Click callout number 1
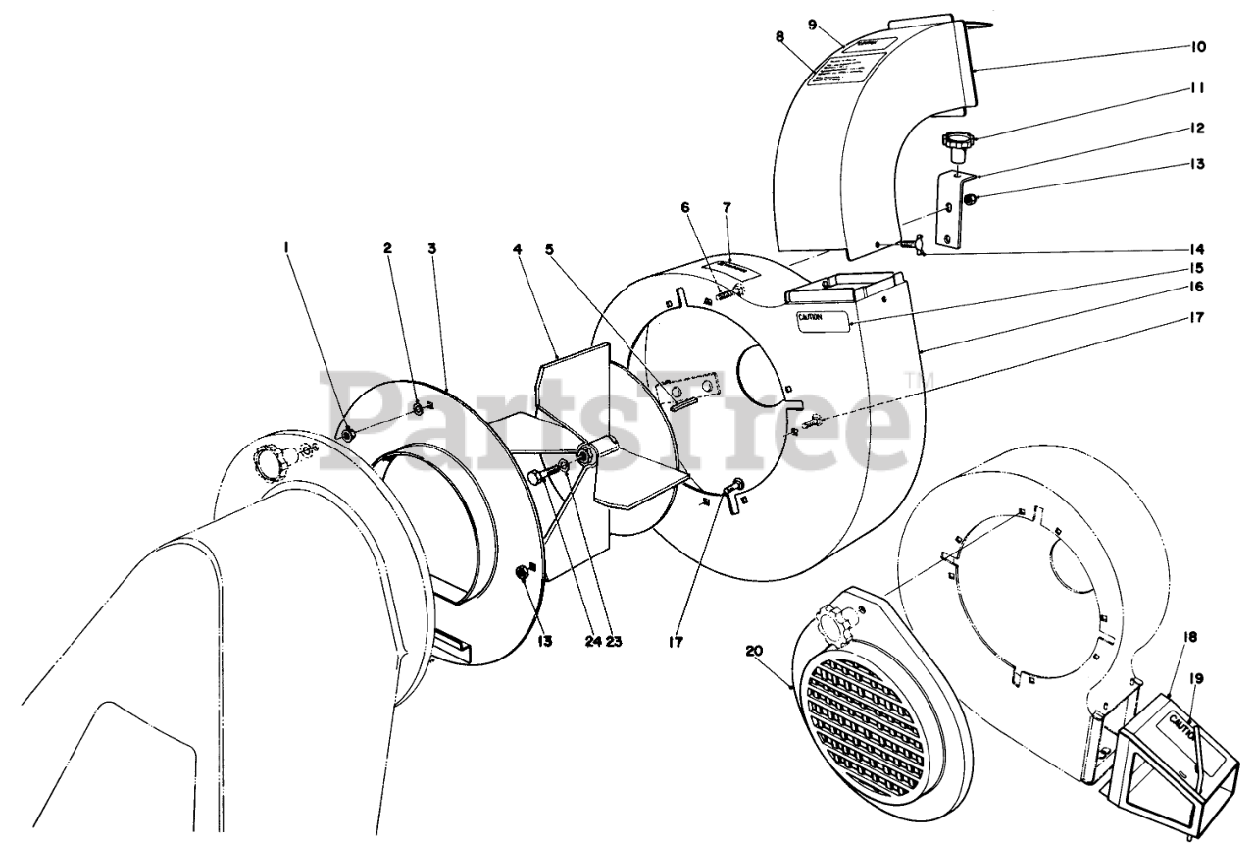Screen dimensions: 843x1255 tap(287, 248)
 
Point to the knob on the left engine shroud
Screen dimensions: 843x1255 tap(269, 458)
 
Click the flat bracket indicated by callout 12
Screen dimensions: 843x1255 tap(949, 208)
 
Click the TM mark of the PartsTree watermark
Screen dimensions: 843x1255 tap(916, 380)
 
